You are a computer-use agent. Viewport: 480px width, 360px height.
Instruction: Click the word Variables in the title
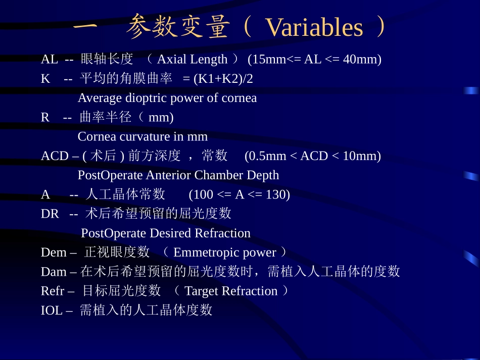[314, 27]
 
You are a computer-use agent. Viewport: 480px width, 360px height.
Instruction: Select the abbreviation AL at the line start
[50, 60]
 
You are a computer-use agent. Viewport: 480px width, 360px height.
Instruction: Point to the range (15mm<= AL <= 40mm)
[314, 60]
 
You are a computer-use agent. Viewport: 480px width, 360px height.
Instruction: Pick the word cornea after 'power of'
[239, 98]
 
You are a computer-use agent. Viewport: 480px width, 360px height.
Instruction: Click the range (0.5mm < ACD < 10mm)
[312, 156]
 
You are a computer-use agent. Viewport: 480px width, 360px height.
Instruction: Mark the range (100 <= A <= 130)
[239, 194]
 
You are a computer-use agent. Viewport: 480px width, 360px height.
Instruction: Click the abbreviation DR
[50, 214]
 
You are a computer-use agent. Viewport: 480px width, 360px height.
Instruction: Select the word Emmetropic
[206, 252]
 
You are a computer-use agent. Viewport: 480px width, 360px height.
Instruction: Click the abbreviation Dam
[54, 272]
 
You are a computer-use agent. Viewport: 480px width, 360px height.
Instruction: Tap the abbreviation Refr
[53, 291]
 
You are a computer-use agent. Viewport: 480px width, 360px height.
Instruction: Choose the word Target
[201, 291]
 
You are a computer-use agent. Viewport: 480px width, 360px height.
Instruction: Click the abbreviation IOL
[51, 311]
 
